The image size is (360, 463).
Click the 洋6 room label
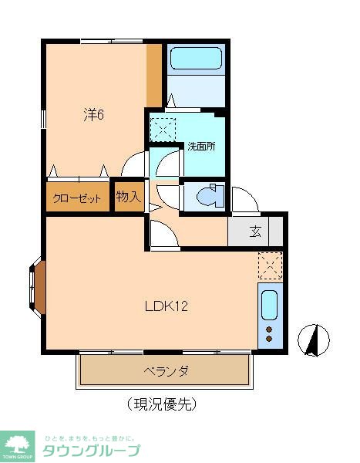coord(94,115)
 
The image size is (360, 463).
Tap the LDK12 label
coord(167,306)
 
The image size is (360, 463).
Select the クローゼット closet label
coord(77,198)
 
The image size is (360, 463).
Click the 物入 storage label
coord(128,197)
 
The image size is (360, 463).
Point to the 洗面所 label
coord(201,146)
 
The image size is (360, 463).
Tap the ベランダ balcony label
coord(167,371)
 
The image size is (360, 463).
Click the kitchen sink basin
coord(269,306)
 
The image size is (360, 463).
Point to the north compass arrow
coord(314,340)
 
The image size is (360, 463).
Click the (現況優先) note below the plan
coord(162,403)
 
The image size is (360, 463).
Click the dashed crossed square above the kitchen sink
coord(270,266)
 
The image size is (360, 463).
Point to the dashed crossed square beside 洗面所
coord(163,126)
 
